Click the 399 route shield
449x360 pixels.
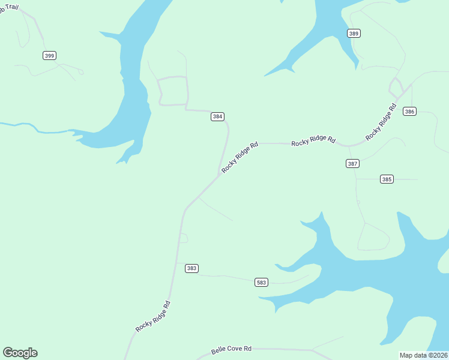[49, 56]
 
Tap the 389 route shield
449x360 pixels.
[354, 34]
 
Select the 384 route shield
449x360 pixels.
[217, 116]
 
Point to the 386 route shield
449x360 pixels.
[409, 112]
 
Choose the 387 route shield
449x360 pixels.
[352, 164]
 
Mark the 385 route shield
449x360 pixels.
[387, 179]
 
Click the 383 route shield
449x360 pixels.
[191, 268]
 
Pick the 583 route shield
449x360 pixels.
[261, 282]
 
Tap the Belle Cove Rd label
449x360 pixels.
[231, 349]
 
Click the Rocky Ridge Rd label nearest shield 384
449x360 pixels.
[240, 157]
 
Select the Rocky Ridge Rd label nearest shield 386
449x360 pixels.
[381, 122]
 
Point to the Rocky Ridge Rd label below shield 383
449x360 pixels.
[153, 316]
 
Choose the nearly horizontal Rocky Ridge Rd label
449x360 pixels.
[313, 141]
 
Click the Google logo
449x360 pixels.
[20, 353]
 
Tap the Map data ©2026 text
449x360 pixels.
[424, 355]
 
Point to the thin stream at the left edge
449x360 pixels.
[24, 126]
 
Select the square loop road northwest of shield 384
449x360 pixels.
[173, 91]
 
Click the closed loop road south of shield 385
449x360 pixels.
[373, 237]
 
